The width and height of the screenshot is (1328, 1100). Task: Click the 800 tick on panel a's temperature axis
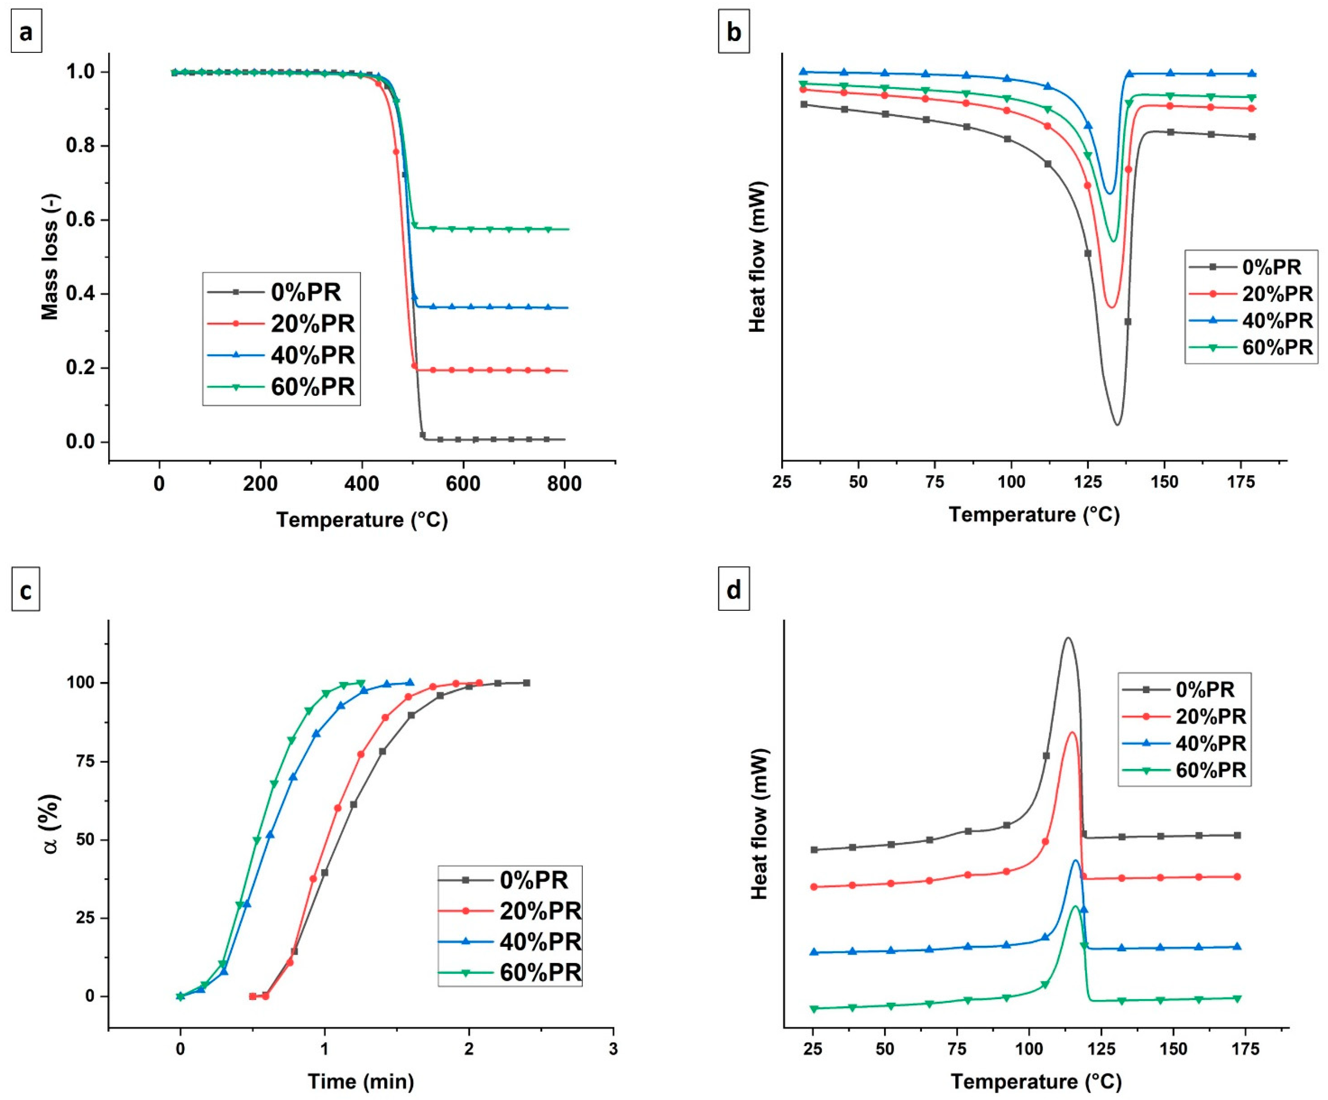(x=564, y=484)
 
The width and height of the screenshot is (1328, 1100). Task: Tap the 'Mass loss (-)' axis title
(x=49, y=256)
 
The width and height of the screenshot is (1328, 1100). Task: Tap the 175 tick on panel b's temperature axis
(x=1241, y=482)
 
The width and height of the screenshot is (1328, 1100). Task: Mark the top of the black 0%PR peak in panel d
(x=1068, y=638)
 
